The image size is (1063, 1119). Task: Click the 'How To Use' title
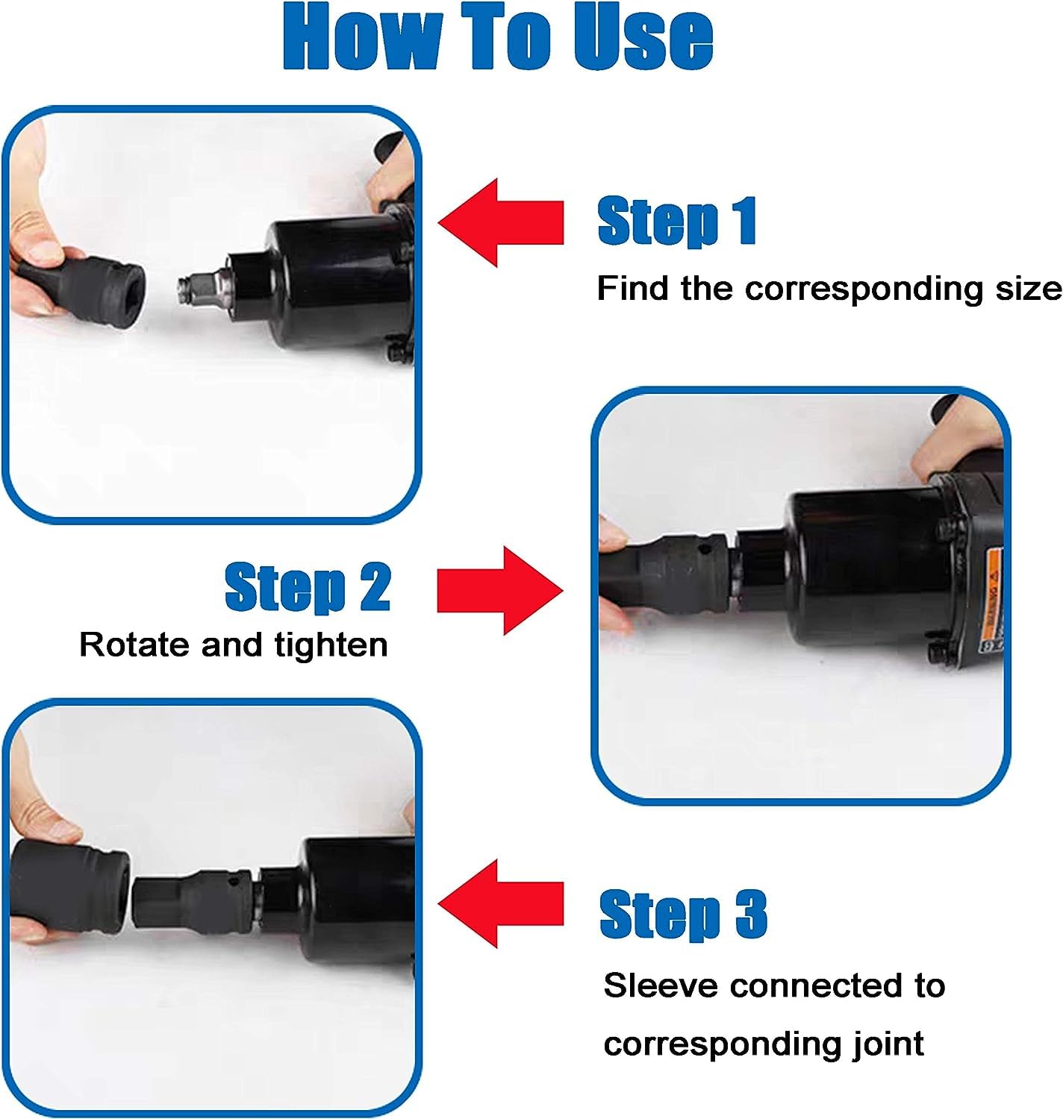tap(498, 37)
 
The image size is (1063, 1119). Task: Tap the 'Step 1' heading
tap(677, 222)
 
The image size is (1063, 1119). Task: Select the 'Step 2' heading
tap(308, 587)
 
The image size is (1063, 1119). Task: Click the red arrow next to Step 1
tap(501, 222)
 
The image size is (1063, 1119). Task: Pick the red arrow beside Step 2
tap(499, 590)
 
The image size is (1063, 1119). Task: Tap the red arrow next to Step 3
tap(501, 903)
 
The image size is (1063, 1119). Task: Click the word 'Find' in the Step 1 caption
tap(632, 288)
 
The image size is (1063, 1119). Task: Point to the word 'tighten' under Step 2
tap(331, 646)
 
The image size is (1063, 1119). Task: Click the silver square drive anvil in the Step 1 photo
tap(202, 283)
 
